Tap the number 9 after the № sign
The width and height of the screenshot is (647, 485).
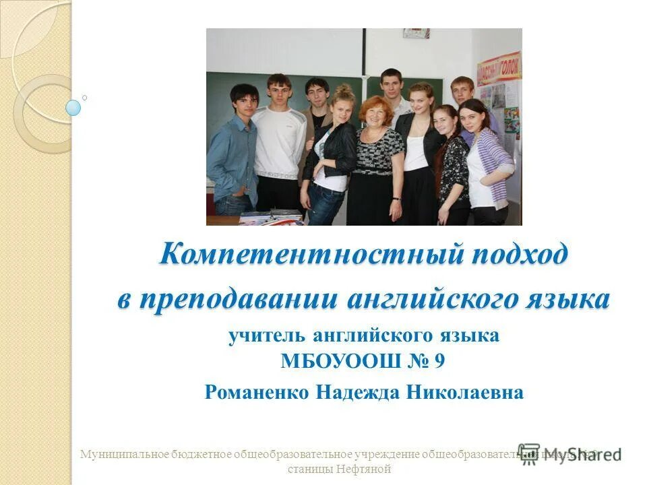pos(440,362)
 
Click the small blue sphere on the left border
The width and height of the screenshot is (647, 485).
pos(73,107)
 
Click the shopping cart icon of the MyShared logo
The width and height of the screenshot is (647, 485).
pos(529,452)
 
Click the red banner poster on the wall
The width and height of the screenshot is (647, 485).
pos(498,68)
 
